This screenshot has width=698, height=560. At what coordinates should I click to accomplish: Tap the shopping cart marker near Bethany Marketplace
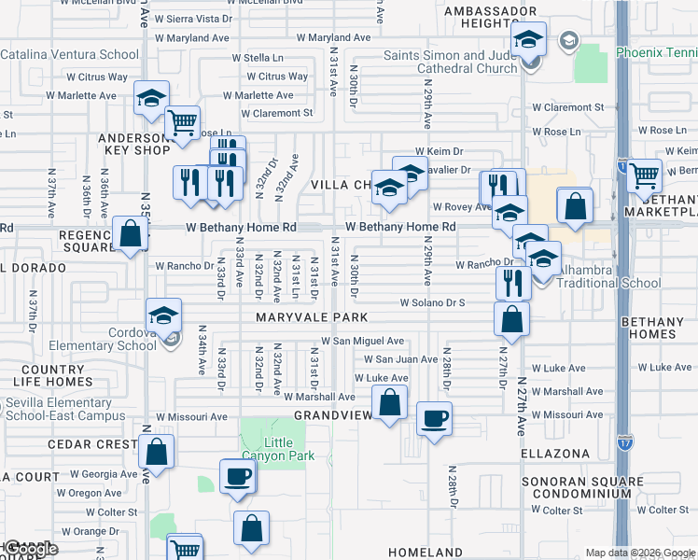tap(644, 175)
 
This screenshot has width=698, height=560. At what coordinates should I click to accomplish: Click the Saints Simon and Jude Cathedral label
tap(450, 62)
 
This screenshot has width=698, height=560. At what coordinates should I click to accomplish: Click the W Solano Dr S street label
tap(432, 302)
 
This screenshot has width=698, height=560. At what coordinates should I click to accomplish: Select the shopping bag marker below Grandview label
tap(390, 403)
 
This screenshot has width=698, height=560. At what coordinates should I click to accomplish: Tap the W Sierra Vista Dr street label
tap(193, 19)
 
